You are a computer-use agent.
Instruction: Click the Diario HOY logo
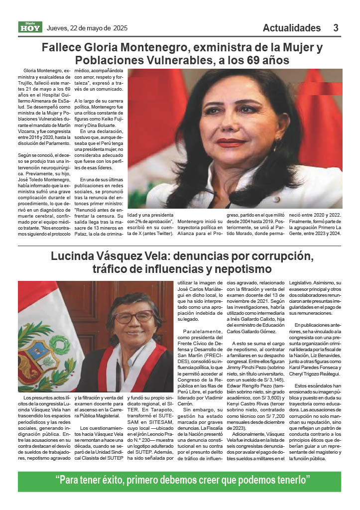tap(30, 27)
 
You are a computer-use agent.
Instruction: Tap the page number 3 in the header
tap(336, 28)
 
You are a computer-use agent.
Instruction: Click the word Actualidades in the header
tap(292, 28)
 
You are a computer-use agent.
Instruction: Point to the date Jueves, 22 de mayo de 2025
tap(87, 28)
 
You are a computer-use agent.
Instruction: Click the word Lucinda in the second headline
tap(73, 257)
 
